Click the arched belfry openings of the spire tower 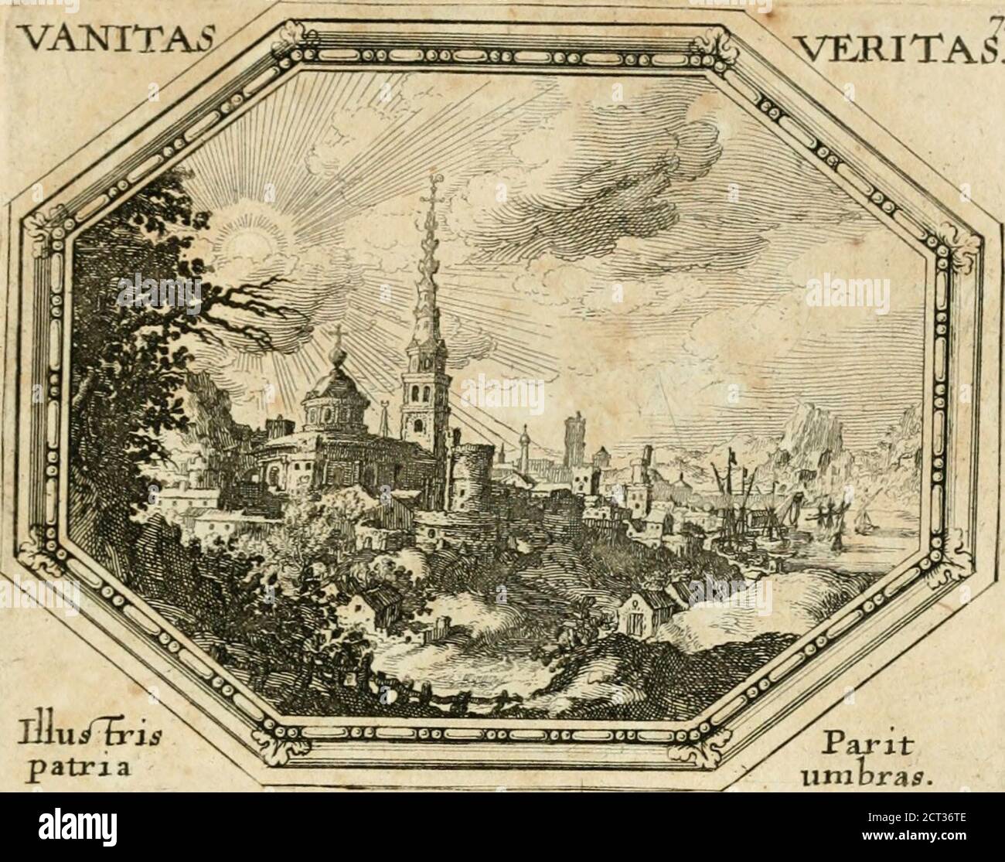pyautogui.click(x=420, y=390)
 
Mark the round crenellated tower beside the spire pyautogui.click(x=472, y=464)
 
